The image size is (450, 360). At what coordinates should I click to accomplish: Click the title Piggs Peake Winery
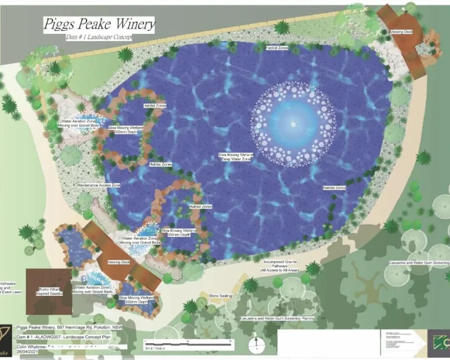pyautogui.click(x=99, y=25)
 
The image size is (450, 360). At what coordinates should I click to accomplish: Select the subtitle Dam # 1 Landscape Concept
pyautogui.click(x=100, y=37)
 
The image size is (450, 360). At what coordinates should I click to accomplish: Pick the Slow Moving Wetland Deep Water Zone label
pyautogui.click(x=236, y=157)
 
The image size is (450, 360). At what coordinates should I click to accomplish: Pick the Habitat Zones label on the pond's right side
pyautogui.click(x=334, y=187)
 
